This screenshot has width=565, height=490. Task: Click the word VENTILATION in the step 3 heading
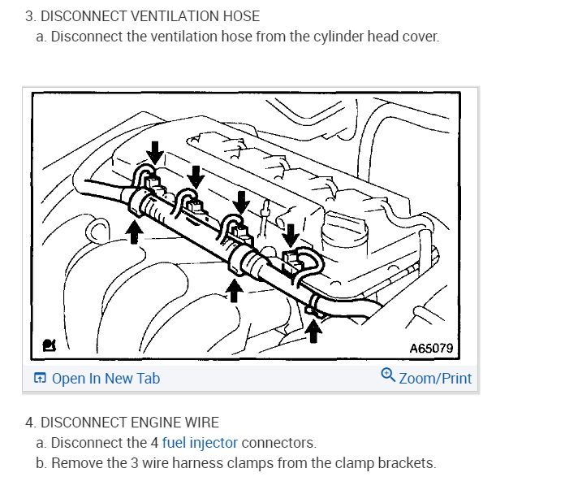171,16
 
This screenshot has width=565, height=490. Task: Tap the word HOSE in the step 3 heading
240,16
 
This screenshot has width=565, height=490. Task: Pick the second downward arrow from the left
196,174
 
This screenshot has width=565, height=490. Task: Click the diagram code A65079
430,349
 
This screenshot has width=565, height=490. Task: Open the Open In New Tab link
106,379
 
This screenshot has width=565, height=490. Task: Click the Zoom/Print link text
435,379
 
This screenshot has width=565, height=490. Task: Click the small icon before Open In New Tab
40,379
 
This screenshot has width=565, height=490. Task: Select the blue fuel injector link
200,443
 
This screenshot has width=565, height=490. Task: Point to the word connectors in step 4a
278,443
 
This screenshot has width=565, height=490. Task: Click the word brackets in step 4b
409,463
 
